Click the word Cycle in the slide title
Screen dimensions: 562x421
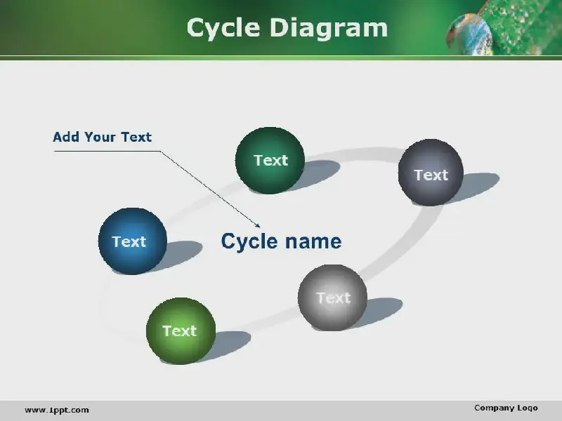coord(223,28)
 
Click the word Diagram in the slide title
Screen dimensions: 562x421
coord(329,28)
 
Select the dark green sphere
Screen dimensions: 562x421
coord(270,161)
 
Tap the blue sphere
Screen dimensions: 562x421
coord(133,241)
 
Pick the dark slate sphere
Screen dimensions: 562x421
coord(431,172)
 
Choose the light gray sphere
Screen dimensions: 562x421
coord(332,298)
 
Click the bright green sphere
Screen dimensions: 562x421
coord(181,330)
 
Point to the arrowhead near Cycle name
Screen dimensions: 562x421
coord(258,225)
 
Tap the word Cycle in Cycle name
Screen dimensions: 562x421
coord(250,242)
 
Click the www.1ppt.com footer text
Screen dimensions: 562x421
coord(57,410)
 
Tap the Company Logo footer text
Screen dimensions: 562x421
coord(506,408)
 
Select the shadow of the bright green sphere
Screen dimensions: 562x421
coord(230,345)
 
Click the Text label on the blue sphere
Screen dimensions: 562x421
coord(129,241)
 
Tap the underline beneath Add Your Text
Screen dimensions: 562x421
coord(107,151)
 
